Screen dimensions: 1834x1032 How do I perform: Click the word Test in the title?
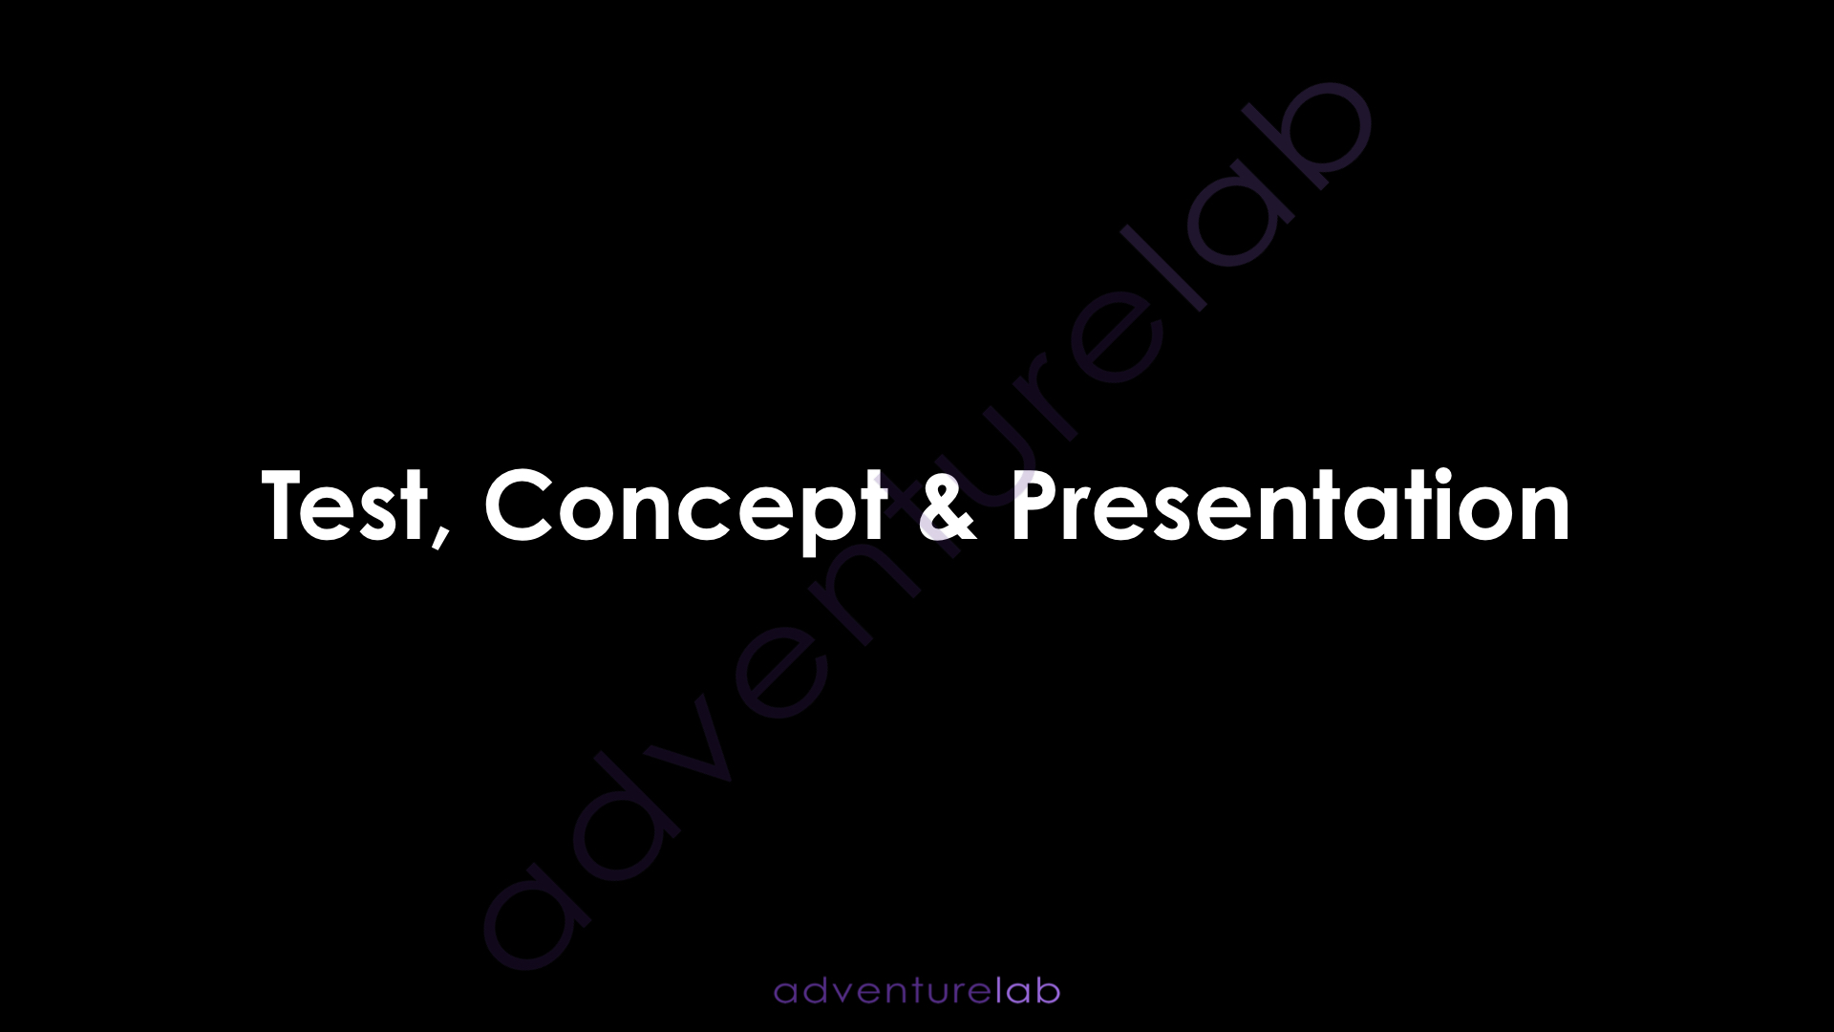(x=346, y=506)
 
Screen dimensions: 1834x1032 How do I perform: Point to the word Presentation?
(x=1290, y=505)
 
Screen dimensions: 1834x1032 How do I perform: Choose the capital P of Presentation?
(x=1035, y=506)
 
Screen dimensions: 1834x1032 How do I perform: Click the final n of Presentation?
(x=1545, y=516)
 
